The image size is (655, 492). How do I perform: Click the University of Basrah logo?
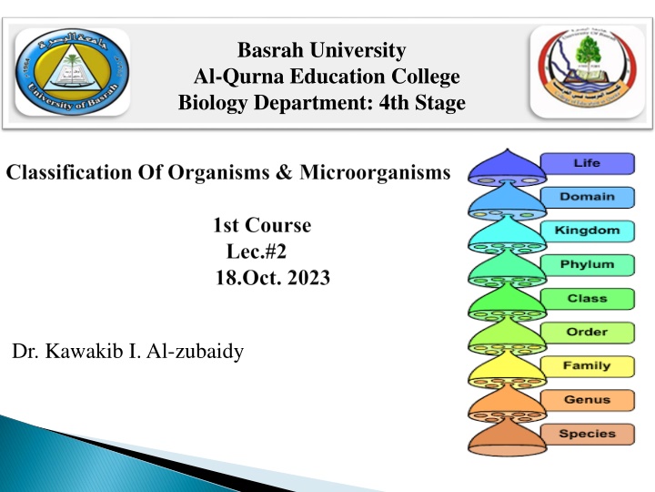click(x=72, y=72)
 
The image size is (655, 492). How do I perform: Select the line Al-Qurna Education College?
click(x=321, y=77)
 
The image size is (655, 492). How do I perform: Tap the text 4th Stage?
click(x=425, y=104)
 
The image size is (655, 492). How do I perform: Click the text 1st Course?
click(x=260, y=225)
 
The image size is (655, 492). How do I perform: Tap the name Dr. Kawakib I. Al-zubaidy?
click(x=128, y=351)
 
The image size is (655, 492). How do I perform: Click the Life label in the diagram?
click(x=586, y=163)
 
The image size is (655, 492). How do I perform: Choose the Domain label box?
click(x=586, y=197)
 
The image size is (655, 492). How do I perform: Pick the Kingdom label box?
click(x=586, y=231)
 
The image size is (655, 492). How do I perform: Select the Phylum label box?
click(x=586, y=264)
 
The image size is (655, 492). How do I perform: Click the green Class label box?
click(x=586, y=298)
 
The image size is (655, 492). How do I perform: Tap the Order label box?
click(x=586, y=332)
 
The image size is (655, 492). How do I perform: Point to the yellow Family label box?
click(x=586, y=365)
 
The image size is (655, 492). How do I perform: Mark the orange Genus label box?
click(x=586, y=399)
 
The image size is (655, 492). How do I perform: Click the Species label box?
click(x=586, y=434)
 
